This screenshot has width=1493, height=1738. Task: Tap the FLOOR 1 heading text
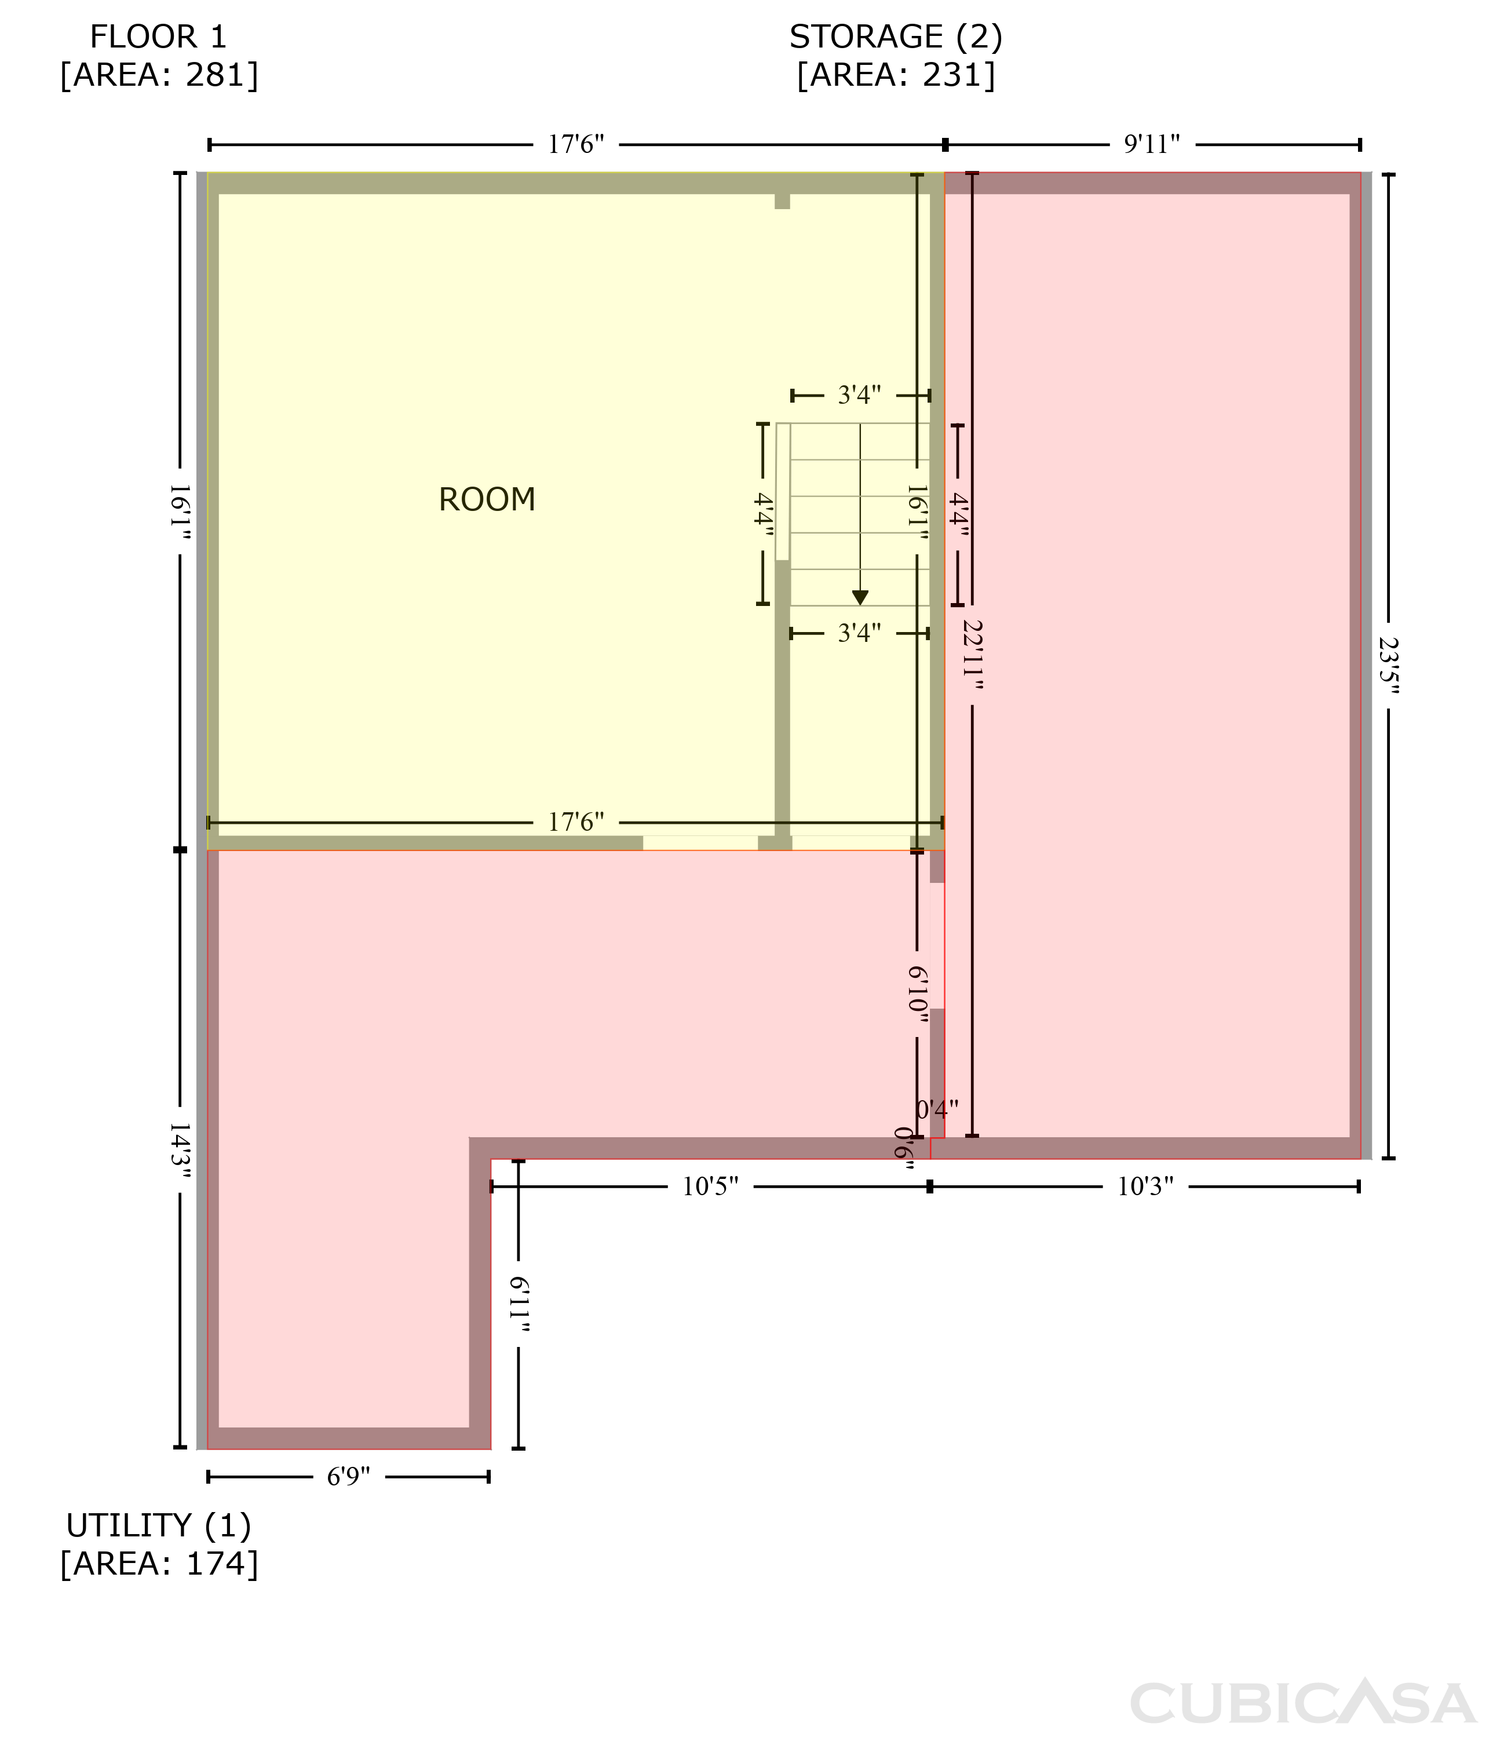159,37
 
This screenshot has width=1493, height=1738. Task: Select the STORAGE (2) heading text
896,37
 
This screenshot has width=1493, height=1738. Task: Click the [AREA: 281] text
159,75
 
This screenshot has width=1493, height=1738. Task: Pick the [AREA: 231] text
896,75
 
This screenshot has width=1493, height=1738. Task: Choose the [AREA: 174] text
159,1564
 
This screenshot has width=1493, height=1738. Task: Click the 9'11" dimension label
1152,144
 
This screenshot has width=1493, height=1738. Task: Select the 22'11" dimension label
972,654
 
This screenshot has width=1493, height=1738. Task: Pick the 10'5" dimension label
710,1187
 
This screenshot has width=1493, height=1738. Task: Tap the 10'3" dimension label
1145,1187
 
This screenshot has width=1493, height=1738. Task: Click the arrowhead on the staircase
860,597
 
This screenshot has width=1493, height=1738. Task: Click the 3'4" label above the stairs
860,395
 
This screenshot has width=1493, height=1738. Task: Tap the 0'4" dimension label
937,1110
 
